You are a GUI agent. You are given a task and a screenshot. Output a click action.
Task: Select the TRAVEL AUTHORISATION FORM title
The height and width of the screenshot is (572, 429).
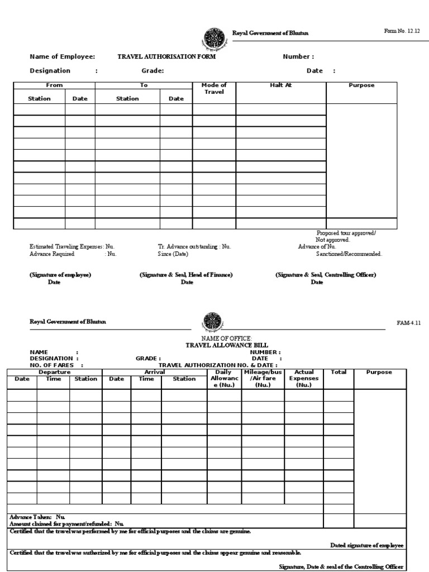[x=166, y=57]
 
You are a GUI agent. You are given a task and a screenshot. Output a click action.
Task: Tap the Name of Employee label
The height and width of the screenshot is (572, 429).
[x=62, y=57]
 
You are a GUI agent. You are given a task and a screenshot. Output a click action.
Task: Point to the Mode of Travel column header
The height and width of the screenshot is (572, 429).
[x=214, y=88]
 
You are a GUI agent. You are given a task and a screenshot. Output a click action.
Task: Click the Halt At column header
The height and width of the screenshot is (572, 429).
[x=280, y=85]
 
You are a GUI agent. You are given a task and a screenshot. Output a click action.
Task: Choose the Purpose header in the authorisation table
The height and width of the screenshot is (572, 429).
[x=361, y=85]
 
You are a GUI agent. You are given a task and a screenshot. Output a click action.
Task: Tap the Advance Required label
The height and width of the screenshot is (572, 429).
[x=52, y=254]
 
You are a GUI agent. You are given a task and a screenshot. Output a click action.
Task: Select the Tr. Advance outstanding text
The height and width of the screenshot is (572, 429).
[x=194, y=246]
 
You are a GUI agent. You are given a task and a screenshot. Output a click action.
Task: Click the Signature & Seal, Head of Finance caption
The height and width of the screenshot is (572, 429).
[x=186, y=275]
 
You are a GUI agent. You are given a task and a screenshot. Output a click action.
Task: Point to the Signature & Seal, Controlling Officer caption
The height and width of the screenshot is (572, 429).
[x=325, y=275]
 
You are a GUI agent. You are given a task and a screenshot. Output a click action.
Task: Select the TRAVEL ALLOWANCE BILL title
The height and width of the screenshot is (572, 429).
[x=219, y=345]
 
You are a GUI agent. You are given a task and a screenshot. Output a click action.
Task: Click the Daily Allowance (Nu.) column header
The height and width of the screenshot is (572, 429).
[x=223, y=379]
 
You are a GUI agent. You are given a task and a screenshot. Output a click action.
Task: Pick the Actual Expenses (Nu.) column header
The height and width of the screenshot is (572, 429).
[x=304, y=379]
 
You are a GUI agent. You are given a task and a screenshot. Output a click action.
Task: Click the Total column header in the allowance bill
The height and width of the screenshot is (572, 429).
[x=339, y=372]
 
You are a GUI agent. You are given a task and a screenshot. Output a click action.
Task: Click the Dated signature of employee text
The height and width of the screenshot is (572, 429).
[x=367, y=545]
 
